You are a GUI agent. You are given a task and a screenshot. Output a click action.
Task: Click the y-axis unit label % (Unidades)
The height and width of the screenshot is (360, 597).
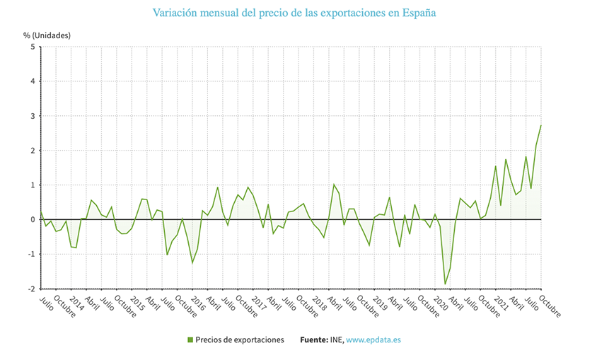tap(47, 35)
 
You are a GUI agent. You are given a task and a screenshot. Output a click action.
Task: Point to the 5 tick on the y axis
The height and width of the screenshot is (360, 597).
tap(33, 47)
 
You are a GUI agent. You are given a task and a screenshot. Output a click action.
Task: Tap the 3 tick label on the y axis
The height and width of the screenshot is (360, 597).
tap(33, 116)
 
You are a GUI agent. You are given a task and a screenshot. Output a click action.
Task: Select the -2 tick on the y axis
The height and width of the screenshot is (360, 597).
tap(31, 289)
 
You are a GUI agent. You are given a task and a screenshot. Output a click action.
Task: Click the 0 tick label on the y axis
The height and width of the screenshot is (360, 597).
tap(33, 220)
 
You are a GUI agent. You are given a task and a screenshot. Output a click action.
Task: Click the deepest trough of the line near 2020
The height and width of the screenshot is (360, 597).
tap(445, 284)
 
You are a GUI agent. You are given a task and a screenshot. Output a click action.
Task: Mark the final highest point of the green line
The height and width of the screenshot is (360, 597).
tap(541, 125)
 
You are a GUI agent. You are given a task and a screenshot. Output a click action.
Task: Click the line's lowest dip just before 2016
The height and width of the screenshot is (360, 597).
tap(192, 263)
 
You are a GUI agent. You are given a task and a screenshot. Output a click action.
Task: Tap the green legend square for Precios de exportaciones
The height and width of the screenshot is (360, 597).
tap(190, 340)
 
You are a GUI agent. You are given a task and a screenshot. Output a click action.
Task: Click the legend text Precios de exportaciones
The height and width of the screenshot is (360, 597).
tap(240, 340)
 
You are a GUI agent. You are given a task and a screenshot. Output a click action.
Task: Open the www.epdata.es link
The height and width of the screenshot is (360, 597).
tap(373, 340)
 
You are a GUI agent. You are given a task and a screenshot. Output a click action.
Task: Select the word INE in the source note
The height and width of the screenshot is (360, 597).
tap(337, 340)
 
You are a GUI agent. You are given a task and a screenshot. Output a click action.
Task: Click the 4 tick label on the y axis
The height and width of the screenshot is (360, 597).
tap(33, 81)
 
